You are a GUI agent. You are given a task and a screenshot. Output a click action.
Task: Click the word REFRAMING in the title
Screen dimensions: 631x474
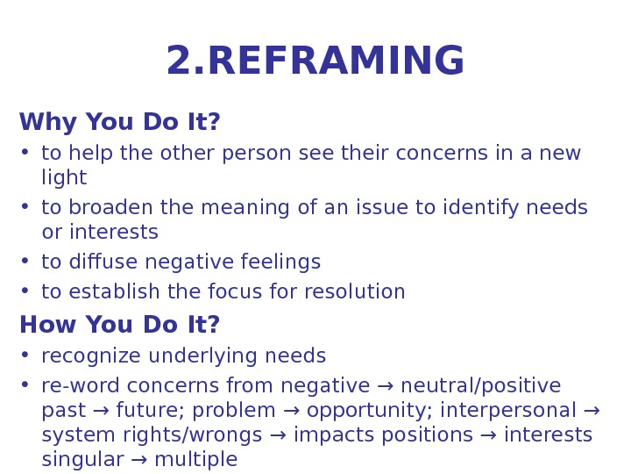pos(337,61)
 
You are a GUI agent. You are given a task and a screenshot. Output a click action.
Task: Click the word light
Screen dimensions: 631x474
pos(64,178)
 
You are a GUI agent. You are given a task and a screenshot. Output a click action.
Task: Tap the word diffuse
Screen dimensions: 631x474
pos(94,262)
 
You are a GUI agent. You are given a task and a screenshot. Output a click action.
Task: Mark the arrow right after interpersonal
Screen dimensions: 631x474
pos(591,411)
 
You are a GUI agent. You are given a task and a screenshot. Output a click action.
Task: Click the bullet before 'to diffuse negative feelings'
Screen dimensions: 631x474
pos(25,262)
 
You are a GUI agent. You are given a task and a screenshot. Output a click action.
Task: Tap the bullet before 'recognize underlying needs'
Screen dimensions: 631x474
pos(25,356)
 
